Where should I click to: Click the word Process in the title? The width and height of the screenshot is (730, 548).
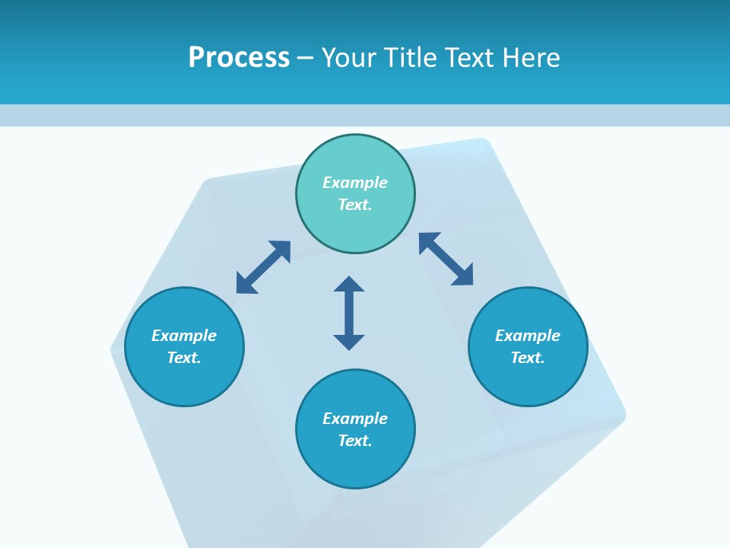(239, 57)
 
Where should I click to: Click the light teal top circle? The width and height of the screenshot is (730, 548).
(355, 194)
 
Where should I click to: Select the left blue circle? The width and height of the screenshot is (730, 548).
(184, 346)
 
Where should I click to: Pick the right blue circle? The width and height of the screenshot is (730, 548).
(528, 346)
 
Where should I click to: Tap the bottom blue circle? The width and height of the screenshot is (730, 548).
(355, 429)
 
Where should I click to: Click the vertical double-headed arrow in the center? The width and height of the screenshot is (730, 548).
(349, 313)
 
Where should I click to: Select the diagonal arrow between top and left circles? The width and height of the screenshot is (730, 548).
(263, 266)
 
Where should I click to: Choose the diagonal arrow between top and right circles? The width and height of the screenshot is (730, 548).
(446, 259)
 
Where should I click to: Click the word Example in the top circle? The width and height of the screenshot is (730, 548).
(355, 183)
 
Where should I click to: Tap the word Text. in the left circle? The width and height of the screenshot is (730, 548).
(184, 358)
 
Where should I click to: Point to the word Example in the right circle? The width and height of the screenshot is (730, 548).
(528, 336)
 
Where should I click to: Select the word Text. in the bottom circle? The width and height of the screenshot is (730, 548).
(355, 441)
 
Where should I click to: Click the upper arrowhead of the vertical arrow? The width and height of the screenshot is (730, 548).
(349, 285)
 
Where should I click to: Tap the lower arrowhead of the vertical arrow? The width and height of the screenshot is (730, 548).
(349, 342)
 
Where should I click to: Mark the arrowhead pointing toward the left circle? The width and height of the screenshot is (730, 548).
(245, 284)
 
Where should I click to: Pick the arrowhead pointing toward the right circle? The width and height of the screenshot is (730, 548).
(463, 276)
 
